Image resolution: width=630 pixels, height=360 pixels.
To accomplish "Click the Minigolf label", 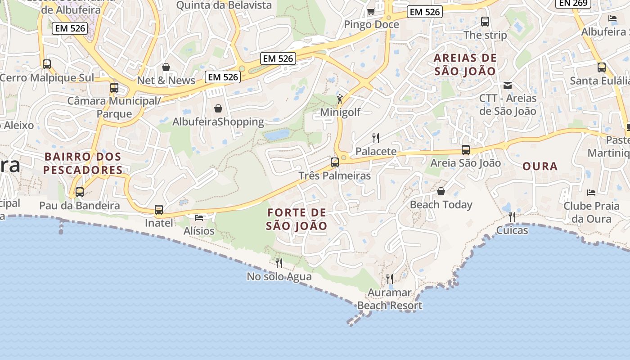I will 340,112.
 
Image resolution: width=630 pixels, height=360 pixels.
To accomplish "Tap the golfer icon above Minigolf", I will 340,99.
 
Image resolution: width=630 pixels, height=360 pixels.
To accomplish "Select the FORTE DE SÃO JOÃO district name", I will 297,219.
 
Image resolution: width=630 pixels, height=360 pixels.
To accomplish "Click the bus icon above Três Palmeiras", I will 335,162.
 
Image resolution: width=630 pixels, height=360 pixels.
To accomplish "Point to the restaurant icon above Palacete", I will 376,138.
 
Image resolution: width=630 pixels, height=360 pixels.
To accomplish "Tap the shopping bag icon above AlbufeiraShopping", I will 218,108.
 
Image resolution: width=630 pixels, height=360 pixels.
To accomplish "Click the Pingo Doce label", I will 371,24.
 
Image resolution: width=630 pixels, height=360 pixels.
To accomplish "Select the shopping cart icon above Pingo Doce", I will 371,11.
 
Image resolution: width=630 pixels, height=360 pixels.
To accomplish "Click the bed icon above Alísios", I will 199,218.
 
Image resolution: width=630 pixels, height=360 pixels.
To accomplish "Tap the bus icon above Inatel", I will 159,210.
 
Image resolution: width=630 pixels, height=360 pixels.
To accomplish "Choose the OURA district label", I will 540,166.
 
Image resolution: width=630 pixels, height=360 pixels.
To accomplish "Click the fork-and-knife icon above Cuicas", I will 512,217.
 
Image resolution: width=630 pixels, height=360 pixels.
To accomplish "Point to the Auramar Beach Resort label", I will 390,299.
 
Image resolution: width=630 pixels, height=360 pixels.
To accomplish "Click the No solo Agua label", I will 279,276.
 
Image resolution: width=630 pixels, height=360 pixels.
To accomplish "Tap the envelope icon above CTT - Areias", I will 508,85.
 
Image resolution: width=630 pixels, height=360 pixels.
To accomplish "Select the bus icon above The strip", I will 485,21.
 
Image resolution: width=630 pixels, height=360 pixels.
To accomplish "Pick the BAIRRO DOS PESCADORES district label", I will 83,163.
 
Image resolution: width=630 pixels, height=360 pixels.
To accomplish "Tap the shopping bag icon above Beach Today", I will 441,192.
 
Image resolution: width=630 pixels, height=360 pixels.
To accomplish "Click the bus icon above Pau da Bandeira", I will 80,192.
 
